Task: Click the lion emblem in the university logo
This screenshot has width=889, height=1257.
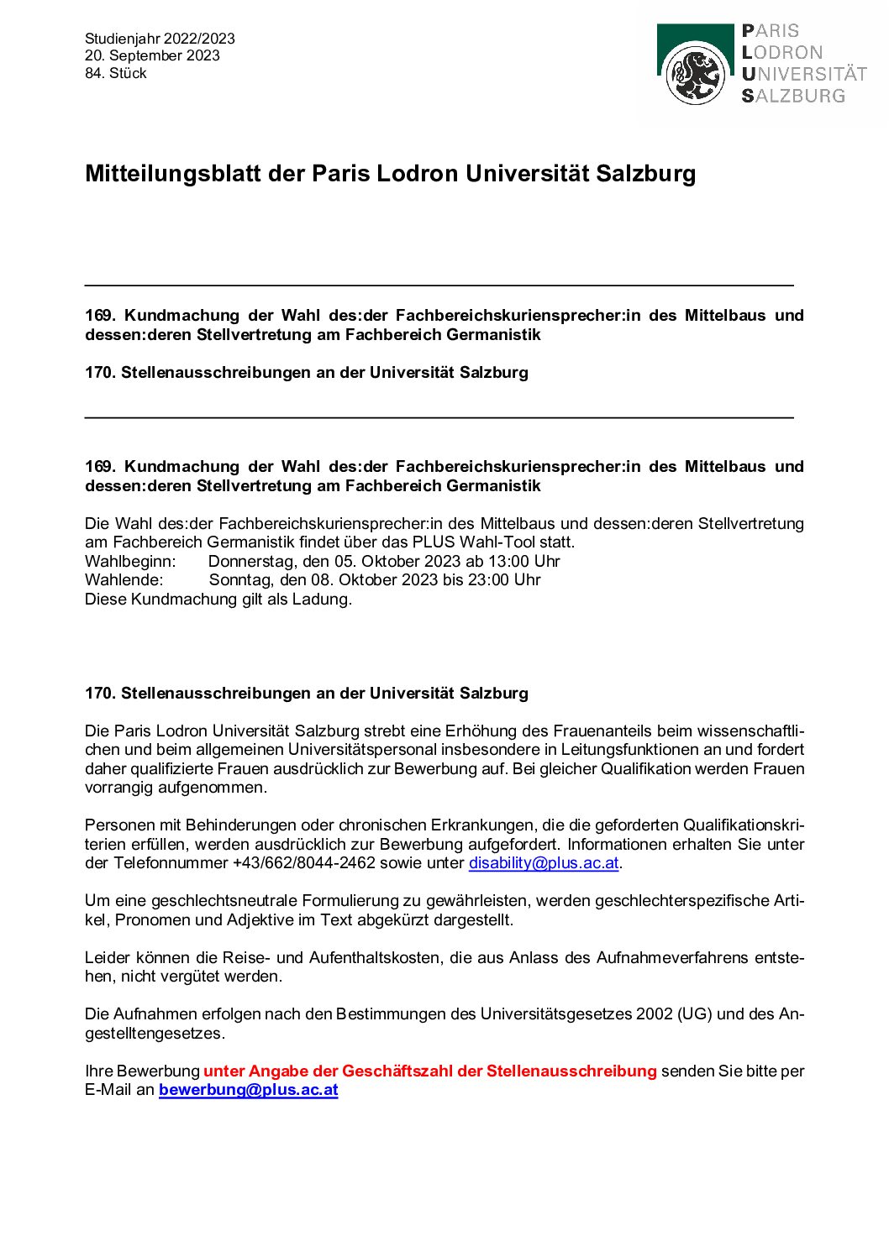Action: (x=695, y=75)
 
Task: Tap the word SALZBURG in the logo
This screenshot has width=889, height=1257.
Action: (x=793, y=96)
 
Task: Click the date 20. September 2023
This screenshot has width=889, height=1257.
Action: (x=152, y=55)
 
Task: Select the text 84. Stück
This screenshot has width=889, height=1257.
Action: (x=116, y=73)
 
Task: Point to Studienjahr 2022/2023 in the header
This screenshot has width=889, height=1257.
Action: (x=160, y=39)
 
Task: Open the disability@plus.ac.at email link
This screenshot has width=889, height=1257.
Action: (x=544, y=863)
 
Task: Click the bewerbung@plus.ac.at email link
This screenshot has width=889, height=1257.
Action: (x=248, y=1090)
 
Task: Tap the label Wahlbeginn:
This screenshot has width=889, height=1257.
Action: (x=130, y=561)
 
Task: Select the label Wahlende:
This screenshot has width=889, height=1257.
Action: (x=124, y=580)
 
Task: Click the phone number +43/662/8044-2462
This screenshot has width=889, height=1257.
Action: (x=303, y=863)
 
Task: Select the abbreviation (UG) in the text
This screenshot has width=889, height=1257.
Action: (x=695, y=1014)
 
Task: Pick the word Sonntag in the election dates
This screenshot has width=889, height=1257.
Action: (x=240, y=580)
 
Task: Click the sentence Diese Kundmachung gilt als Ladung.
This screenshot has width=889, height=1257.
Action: (x=218, y=600)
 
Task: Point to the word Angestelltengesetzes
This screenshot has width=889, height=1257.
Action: (x=155, y=1034)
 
